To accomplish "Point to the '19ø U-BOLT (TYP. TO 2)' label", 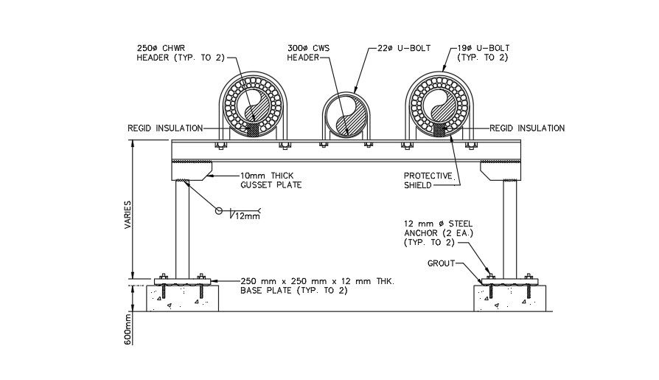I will tap(483, 53).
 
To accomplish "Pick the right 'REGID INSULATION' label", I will tap(527, 128).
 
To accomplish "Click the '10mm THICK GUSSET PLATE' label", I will tap(271, 180).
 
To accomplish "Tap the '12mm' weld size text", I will tap(248, 215).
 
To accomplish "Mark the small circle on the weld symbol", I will tap(218, 212).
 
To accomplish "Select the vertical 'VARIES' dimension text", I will tap(128, 215).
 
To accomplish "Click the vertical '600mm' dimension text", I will tap(128, 328).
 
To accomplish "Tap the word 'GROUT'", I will tap(441, 263).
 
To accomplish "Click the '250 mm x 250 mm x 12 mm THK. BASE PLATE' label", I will tap(318, 286).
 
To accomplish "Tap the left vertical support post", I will tap(182, 229).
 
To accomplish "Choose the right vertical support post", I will tap(509, 229).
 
